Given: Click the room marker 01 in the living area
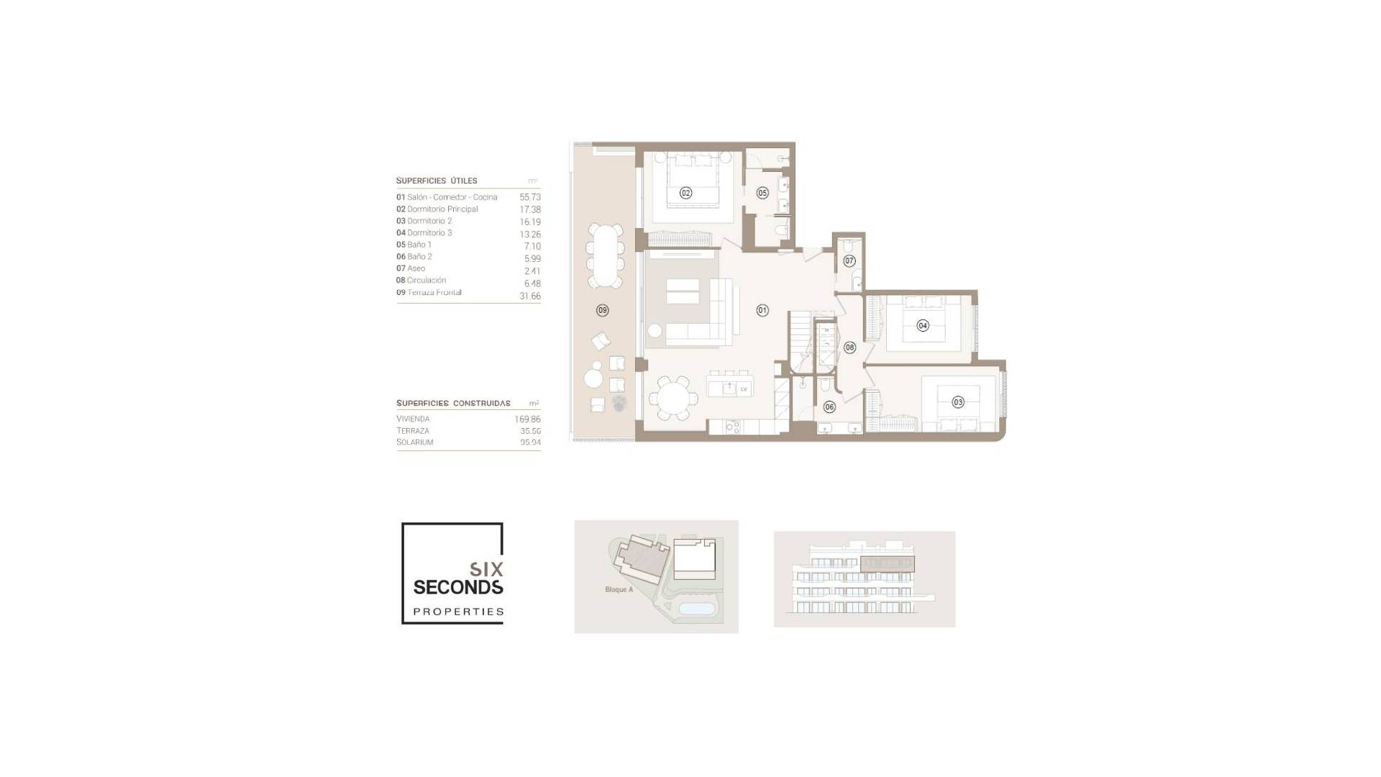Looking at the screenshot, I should point(762,311).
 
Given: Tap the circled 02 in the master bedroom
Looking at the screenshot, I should point(686,193).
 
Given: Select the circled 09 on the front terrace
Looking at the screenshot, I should point(603,311).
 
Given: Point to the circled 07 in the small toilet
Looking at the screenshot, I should point(849,261).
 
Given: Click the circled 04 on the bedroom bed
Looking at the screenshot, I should point(923,326).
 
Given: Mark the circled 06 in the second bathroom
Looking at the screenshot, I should point(829,407).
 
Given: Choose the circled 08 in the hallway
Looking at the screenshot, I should point(849,347).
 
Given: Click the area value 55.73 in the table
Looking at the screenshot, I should point(530,197).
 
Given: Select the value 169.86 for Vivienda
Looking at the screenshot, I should point(527,419).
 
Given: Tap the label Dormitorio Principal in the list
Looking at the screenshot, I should point(442,209).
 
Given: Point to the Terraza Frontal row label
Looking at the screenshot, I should point(434,293).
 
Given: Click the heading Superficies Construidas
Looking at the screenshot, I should point(453,404).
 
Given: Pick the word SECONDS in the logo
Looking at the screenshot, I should point(458,588).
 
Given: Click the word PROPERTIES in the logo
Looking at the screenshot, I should point(458,612).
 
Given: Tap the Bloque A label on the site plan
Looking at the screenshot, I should point(619,590).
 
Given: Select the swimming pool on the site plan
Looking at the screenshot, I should point(698,609).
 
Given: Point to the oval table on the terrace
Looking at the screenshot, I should point(606,256).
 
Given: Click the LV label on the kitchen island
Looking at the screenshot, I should point(744,389).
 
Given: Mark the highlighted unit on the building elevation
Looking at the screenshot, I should point(888,564).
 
